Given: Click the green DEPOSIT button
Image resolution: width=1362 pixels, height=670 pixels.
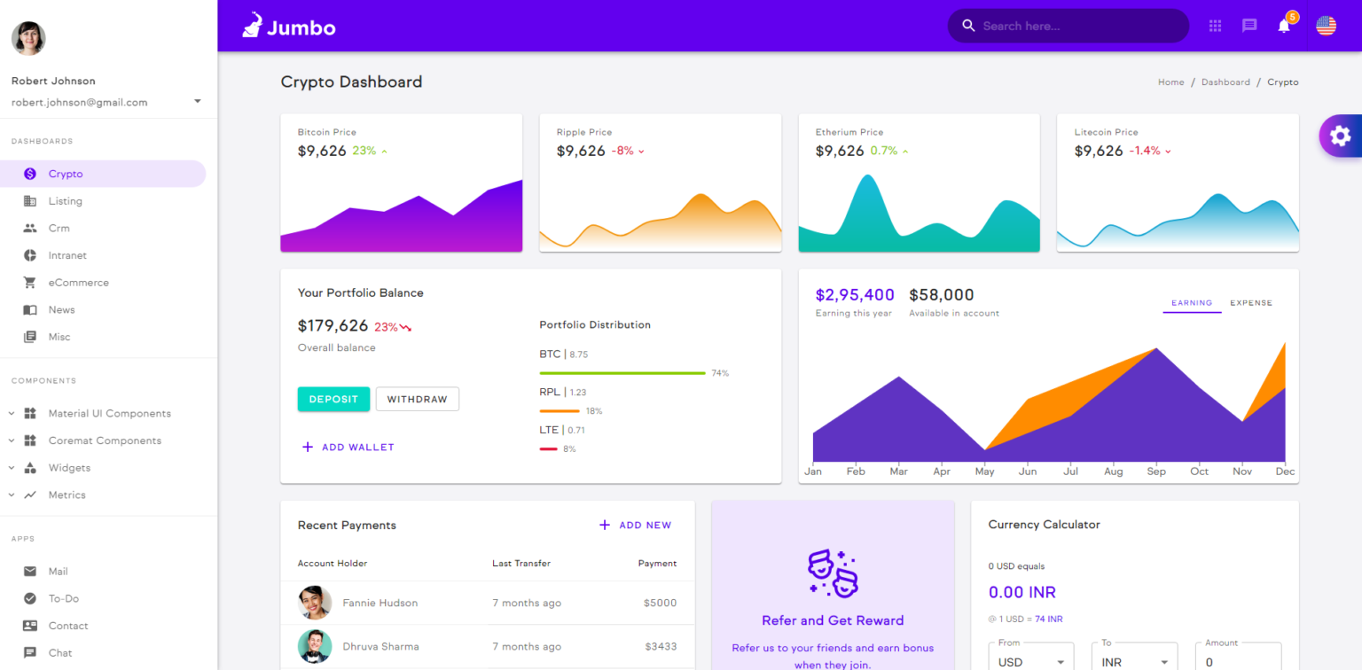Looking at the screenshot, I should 333,400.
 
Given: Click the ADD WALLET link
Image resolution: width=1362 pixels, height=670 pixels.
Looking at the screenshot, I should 348,448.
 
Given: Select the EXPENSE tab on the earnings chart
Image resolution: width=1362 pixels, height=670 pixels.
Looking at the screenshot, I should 1250,303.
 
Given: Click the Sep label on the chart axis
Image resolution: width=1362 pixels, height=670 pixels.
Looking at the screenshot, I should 1156,471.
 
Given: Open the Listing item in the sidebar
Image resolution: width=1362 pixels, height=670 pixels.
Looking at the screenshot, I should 65,201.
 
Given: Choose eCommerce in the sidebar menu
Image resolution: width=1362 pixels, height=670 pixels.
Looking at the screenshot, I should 78,283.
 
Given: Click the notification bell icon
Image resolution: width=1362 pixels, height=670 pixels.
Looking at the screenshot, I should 1284,26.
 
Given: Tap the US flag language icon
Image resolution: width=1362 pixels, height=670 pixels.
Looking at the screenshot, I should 1326,26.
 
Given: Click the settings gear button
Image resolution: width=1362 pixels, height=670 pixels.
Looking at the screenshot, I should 1340,136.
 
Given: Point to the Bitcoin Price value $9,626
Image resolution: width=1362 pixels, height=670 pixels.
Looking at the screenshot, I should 322,151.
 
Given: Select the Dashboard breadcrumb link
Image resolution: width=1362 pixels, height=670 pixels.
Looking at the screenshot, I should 1225,82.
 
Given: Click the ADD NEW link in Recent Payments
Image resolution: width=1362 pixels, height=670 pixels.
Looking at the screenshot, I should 636,526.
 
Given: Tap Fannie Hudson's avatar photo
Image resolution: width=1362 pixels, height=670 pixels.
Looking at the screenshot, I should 315,603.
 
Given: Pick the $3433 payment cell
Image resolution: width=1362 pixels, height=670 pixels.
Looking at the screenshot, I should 660,646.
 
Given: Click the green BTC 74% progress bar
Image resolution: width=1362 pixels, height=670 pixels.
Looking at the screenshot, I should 622,373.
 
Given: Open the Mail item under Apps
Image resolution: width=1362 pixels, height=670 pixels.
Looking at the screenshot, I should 58,572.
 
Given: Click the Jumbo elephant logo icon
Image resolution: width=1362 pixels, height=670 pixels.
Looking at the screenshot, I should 253,26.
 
